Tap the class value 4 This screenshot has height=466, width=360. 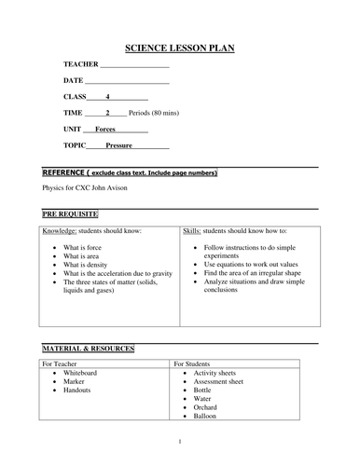click(x=108, y=97)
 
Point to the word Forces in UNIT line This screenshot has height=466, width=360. click(x=105, y=130)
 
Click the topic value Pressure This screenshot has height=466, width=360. click(x=118, y=146)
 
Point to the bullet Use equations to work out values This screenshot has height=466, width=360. click(x=257, y=265)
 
